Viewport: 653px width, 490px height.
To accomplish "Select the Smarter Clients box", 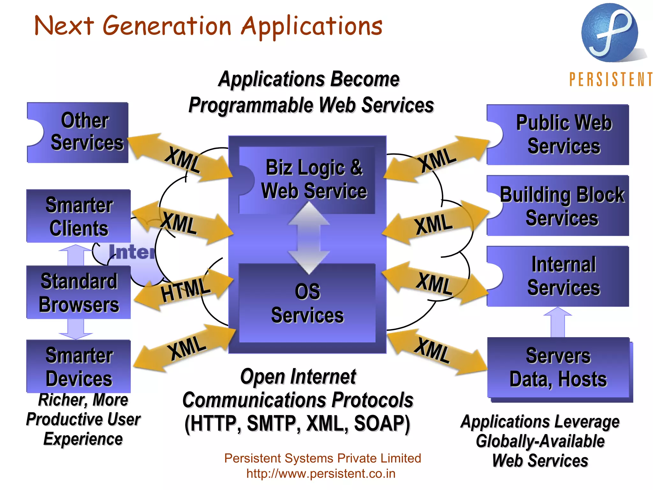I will [78, 216].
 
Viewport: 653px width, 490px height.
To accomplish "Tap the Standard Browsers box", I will [78, 292].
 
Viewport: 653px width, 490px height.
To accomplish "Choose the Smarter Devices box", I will [78, 366].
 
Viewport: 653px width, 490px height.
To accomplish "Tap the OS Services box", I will [307, 303].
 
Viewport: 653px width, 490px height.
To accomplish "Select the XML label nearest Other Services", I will [183, 160].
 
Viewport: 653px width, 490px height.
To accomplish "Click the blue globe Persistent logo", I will [610, 33].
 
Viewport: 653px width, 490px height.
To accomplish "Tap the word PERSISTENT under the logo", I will [611, 79].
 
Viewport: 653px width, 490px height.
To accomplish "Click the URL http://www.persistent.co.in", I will [321, 473].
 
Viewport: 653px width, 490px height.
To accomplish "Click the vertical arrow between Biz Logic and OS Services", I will [309, 238].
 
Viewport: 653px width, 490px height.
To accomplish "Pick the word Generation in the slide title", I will [167, 26].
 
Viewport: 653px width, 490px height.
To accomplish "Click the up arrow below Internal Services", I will [557, 322].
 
